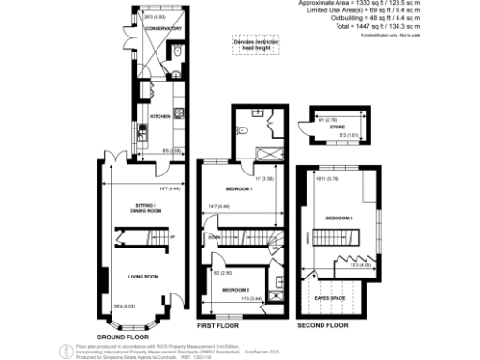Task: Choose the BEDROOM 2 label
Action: coord(234,290)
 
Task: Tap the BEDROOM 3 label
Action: coord(338,217)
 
